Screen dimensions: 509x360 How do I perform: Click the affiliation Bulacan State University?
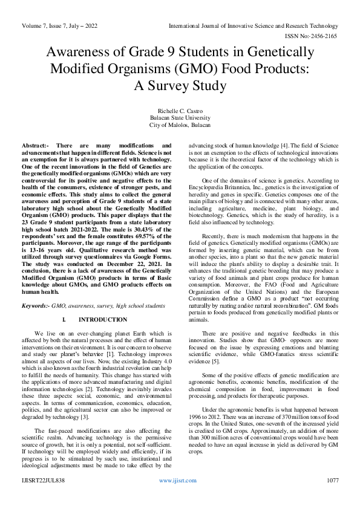[180, 118]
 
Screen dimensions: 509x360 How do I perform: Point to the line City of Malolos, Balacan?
[180, 125]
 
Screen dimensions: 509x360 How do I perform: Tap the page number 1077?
[332, 498]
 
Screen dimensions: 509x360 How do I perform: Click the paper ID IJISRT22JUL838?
[43, 498]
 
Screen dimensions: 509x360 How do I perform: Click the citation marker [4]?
[275, 146]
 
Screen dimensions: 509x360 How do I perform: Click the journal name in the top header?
[253, 27]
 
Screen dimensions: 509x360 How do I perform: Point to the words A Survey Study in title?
[180, 85]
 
